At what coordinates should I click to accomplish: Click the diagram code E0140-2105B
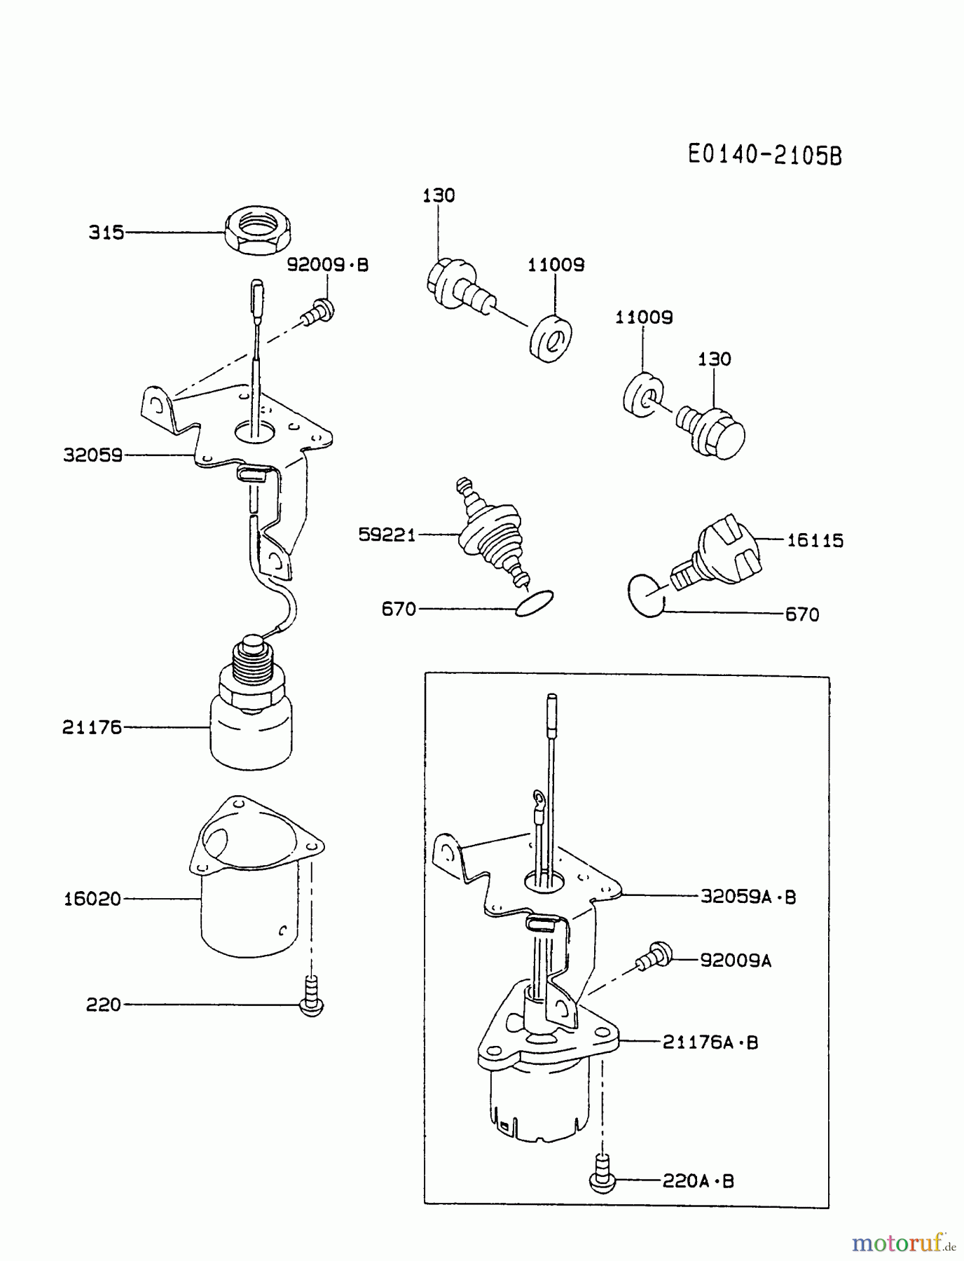[764, 154]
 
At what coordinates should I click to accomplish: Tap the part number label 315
[106, 233]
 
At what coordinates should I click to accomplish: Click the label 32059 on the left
[93, 456]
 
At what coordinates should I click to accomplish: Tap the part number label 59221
[387, 535]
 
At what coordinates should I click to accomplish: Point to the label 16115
[815, 541]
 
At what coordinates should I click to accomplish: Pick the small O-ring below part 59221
[534, 604]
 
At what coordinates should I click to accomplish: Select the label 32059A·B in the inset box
[748, 897]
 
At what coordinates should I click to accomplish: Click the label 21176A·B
[710, 1042]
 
